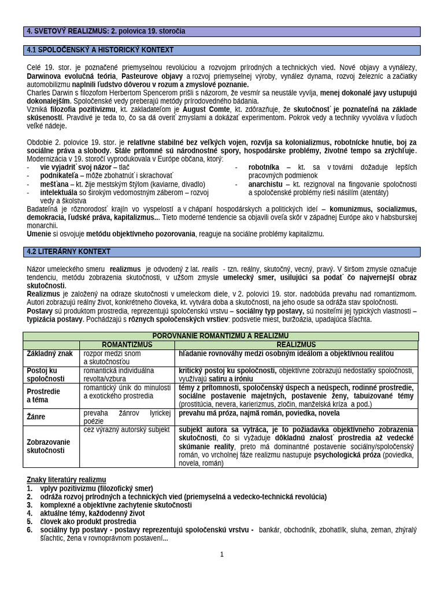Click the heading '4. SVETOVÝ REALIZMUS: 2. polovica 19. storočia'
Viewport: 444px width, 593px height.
pos(106,31)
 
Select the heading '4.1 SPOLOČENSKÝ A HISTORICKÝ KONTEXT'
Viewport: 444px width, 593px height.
pos(101,50)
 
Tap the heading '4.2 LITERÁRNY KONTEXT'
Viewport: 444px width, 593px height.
pos(69,252)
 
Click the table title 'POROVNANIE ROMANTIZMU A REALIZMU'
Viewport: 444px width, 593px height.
pos(220,336)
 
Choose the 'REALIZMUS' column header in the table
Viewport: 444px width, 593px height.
pos(296,344)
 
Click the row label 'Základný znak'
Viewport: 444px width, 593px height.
pos(50,353)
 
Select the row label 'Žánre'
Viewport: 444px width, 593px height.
pos(37,416)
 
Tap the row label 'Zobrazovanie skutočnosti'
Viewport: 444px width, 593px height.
pos(49,446)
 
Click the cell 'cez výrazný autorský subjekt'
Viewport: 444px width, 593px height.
pos(126,430)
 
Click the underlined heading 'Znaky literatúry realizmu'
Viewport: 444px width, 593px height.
pos(66,479)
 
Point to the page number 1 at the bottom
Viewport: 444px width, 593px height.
pos(221,554)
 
